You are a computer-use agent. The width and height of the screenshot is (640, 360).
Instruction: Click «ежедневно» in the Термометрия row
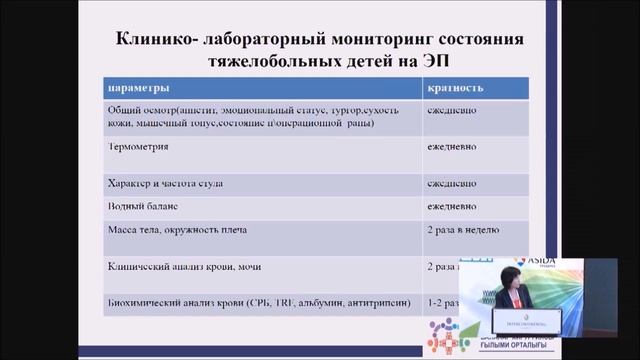[451, 146]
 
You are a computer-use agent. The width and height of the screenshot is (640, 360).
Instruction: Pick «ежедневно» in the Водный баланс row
[451, 206]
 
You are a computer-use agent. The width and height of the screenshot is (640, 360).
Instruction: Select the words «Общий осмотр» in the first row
[137, 109]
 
